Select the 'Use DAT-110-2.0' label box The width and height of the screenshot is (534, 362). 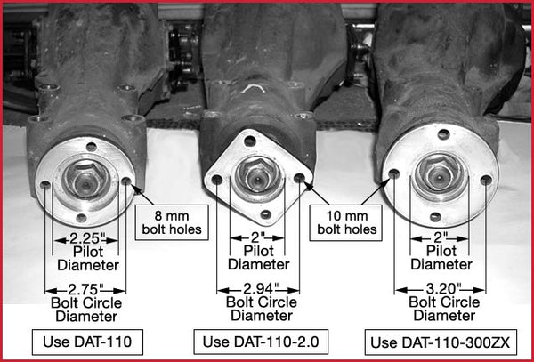[x=258, y=342]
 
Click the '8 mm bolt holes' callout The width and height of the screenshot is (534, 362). [x=171, y=221]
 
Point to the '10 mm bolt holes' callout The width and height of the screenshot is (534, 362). [x=347, y=221]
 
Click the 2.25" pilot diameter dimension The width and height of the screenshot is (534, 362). [x=85, y=239]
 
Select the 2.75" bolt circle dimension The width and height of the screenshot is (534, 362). [x=85, y=290]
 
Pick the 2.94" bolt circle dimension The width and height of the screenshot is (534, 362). [x=258, y=290]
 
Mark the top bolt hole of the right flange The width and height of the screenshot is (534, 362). [x=443, y=134]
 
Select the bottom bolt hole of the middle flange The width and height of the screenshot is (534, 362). [x=265, y=213]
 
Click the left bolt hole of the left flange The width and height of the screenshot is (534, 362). [x=45, y=185]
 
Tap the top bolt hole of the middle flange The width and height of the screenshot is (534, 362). [x=252, y=141]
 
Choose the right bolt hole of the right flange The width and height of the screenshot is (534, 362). [x=485, y=181]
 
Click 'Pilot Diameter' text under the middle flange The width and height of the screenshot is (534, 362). [x=258, y=257]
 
